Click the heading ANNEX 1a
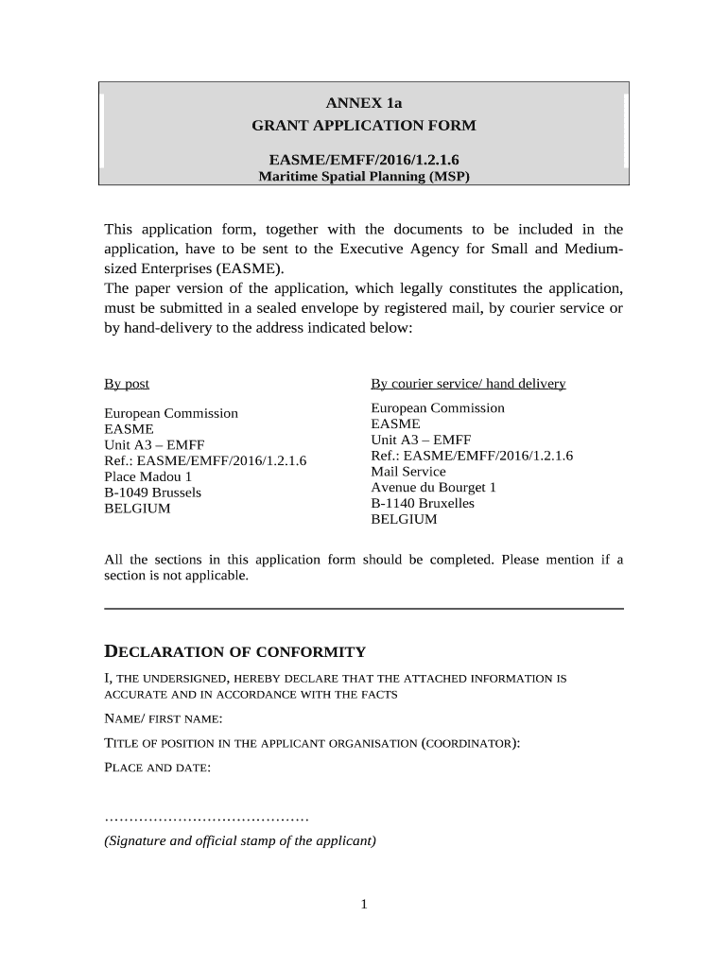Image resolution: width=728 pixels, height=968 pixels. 364,103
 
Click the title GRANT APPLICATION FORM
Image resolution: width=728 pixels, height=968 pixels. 364,126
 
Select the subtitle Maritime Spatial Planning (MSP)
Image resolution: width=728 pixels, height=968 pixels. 364,177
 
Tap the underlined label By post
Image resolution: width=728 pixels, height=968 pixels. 127,384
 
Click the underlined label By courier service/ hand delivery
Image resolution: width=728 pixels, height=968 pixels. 468,384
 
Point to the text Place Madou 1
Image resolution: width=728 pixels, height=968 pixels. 147,476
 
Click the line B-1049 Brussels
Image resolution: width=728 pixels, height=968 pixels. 152,493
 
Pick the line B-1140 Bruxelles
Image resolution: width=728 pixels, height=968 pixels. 423,504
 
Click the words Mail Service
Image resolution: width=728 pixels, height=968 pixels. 408,472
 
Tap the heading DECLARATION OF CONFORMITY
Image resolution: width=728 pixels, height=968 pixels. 234,652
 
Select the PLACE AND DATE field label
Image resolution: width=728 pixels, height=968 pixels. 156,768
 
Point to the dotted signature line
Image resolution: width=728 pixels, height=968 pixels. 206,818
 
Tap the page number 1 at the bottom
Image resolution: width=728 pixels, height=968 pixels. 363,905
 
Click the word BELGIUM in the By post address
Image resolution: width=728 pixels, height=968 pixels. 137,509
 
